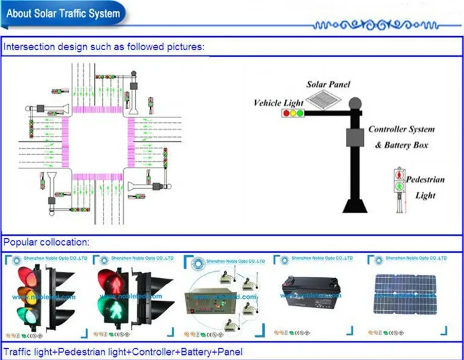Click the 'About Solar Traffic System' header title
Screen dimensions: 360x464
pyautogui.click(x=63, y=13)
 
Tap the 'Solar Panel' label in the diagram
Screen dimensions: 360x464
pyautogui.click(x=328, y=84)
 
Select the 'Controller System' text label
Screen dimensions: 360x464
pyautogui.click(x=401, y=130)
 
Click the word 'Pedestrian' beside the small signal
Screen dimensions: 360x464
pyautogui.click(x=425, y=180)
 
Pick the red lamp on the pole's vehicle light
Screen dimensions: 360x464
pyautogui.click(x=286, y=114)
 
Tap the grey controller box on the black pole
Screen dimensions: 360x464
pyautogui.click(x=352, y=138)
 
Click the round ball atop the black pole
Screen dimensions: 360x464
pyautogui.click(x=354, y=102)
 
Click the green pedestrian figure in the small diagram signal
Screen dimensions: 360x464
pyautogui.click(x=399, y=187)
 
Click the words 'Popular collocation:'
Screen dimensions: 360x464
pyautogui.click(x=47, y=242)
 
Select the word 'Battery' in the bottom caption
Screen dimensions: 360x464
pyautogui.click(x=179, y=352)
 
